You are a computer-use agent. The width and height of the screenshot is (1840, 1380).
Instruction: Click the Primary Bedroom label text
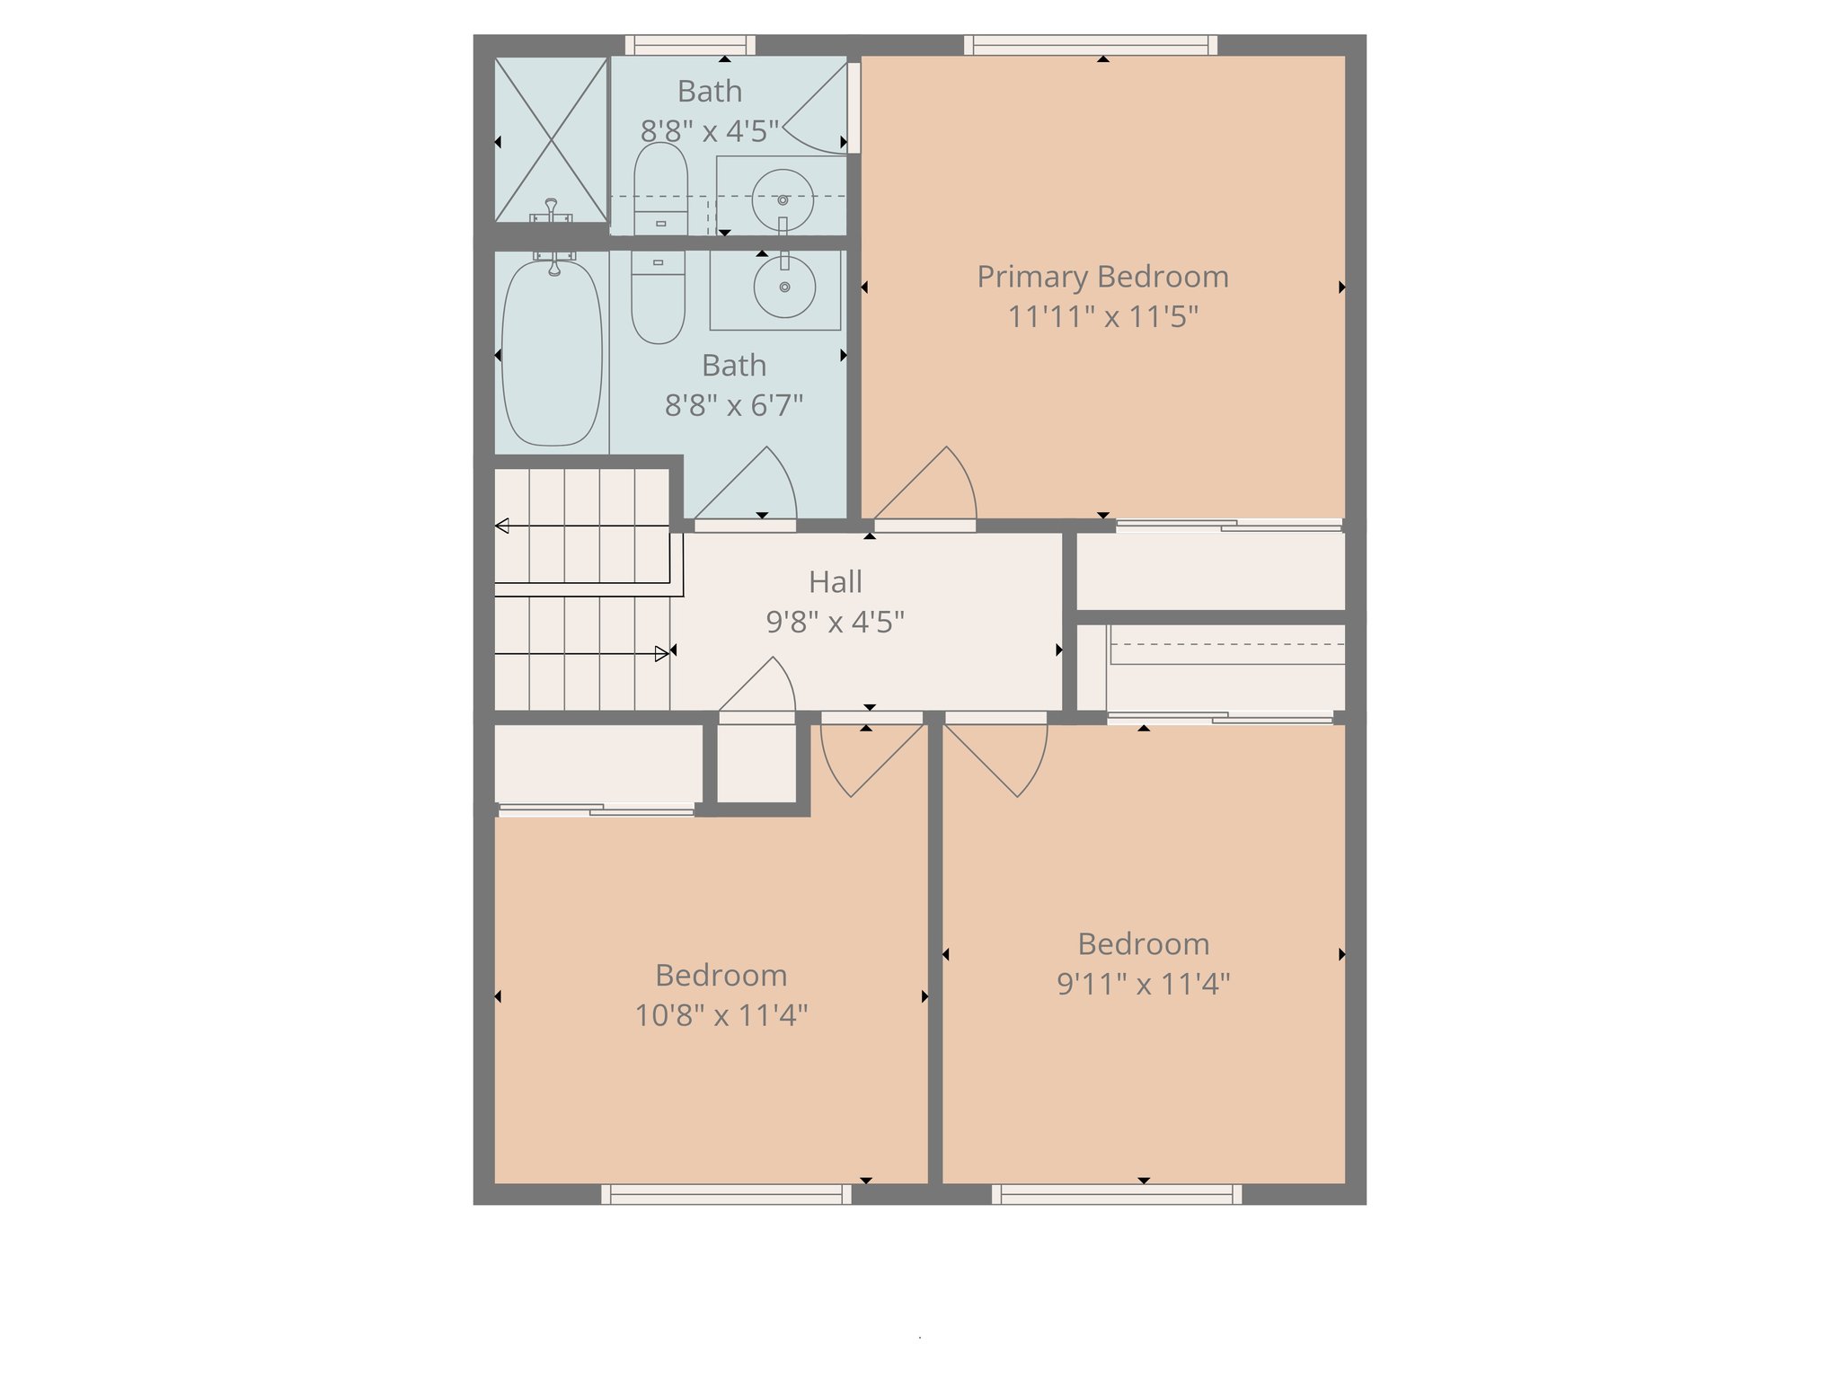click(x=1102, y=277)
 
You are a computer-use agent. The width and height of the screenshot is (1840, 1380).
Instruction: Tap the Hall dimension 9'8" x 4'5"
click(x=835, y=622)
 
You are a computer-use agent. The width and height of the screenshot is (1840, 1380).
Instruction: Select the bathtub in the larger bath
click(x=552, y=351)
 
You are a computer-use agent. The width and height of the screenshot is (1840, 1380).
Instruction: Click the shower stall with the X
click(x=551, y=139)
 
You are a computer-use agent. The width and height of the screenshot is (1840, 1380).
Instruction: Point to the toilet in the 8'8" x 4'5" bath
click(x=660, y=190)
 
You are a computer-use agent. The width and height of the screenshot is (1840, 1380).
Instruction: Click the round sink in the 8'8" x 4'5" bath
click(x=783, y=199)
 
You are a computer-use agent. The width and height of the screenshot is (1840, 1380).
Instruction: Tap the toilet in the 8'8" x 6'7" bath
click(x=658, y=297)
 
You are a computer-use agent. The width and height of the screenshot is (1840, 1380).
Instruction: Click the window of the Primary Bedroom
click(x=1091, y=45)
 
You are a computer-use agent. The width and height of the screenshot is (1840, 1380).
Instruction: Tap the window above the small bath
click(x=690, y=45)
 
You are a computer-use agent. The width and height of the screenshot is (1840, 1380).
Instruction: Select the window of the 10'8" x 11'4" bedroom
click(x=726, y=1194)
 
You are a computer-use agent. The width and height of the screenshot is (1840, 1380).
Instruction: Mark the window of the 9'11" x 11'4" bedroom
click(x=1117, y=1194)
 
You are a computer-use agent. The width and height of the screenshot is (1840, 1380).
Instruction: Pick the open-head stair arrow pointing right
click(x=661, y=654)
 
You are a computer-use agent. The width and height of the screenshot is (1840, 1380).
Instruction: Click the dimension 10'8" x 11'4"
click(x=721, y=1016)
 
